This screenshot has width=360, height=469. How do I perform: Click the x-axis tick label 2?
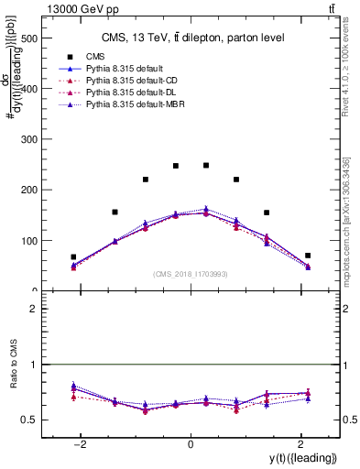coord(300,444)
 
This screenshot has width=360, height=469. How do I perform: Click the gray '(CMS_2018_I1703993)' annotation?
coord(190,273)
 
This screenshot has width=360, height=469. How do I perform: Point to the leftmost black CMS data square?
coord(73,257)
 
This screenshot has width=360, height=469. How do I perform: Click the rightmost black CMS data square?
coord(308,256)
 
